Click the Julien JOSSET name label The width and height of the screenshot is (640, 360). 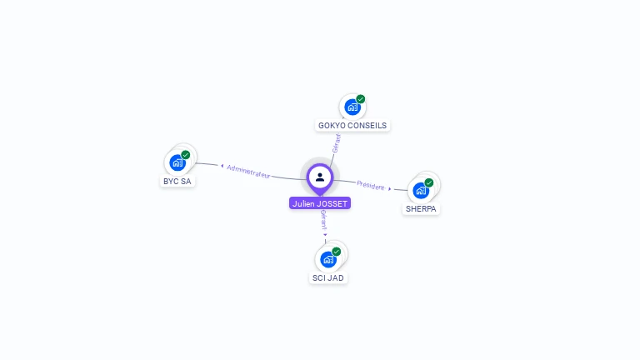tap(320, 203)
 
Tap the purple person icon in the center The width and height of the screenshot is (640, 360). tap(320, 177)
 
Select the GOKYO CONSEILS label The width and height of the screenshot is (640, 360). tap(352, 126)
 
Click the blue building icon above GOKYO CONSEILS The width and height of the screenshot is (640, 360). tap(352, 107)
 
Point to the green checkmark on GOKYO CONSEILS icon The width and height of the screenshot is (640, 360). tap(361, 99)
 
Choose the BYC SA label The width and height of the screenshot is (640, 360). tap(177, 181)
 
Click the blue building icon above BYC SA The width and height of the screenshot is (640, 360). tap(177, 162)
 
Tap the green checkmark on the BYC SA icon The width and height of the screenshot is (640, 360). tap(186, 155)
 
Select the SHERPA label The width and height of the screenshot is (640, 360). tap(421, 209)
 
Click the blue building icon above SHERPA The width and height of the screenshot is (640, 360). tap(420, 190)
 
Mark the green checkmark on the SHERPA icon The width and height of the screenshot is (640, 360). tap(429, 182)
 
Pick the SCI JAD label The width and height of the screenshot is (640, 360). tap(328, 277)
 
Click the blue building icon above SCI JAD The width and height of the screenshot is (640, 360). tap(327, 258)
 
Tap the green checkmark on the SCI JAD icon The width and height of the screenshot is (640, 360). tap(337, 251)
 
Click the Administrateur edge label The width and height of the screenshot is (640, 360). tap(248, 171)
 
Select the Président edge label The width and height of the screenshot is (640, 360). tap(371, 185)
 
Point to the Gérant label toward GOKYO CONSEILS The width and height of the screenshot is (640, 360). tap(335, 143)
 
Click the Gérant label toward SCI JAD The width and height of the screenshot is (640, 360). tap(322, 220)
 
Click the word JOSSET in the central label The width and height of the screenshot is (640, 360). tap(332, 203)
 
